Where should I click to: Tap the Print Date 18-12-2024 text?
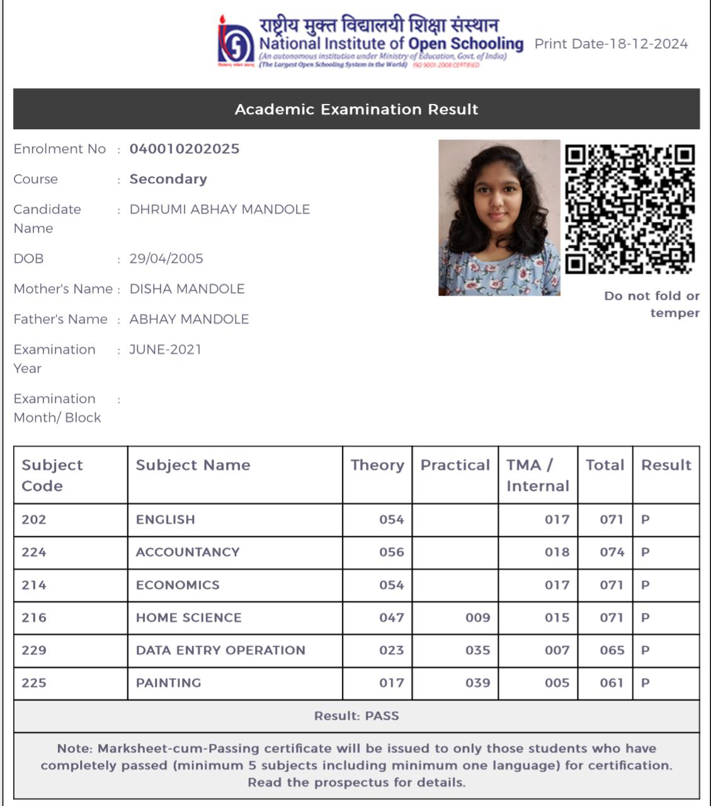[x=610, y=44]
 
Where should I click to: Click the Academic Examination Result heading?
[x=356, y=110]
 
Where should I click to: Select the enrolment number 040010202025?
[x=185, y=149]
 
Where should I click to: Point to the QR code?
[x=629, y=209]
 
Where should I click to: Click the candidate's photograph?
[x=499, y=217]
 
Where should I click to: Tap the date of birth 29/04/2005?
[x=166, y=259]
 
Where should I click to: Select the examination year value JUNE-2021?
[x=165, y=349]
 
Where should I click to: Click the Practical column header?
[x=455, y=465]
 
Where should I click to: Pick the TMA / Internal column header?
[x=537, y=475]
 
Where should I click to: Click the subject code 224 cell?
[x=34, y=552]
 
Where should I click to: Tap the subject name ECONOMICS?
[x=178, y=585]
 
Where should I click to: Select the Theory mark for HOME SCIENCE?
[x=391, y=618]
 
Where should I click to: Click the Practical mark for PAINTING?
[x=477, y=683]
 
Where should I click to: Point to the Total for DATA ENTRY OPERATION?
[x=611, y=650]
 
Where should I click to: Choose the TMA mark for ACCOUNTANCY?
[x=557, y=552]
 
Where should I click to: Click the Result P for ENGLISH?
[x=645, y=519]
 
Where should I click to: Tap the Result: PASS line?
[x=356, y=716]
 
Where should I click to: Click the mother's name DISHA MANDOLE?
[x=187, y=289]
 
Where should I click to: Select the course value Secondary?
[x=168, y=179]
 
